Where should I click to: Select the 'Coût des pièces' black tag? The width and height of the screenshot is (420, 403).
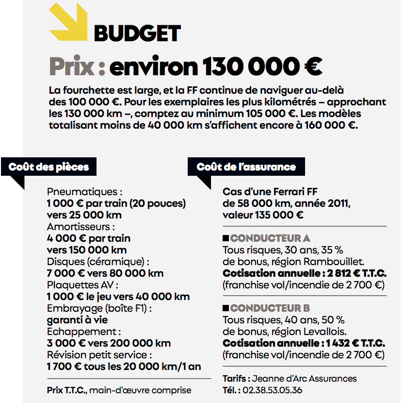pyautogui.click(x=49, y=167)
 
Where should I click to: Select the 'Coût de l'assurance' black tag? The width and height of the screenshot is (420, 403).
pyautogui.click(x=246, y=167)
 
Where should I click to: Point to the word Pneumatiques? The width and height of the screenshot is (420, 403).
pyautogui.click(x=82, y=192)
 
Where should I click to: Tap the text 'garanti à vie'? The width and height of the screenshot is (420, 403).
pyautogui.click(x=77, y=320)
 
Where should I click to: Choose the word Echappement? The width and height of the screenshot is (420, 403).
pyautogui.click(x=81, y=332)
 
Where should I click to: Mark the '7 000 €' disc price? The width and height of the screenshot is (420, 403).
pyautogui.click(x=65, y=273)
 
